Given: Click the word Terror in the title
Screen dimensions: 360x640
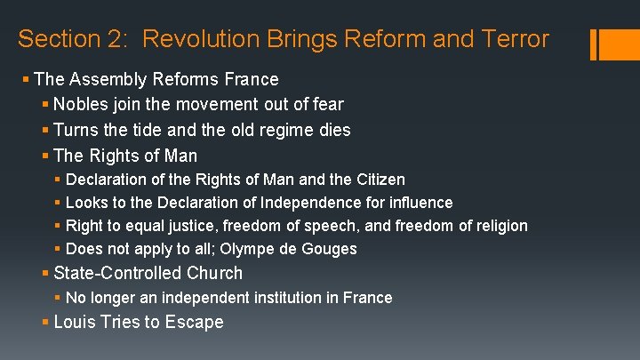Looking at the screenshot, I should click(x=513, y=39).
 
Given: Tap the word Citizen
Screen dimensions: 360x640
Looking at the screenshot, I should click(x=378, y=180).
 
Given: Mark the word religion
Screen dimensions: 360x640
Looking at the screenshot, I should click(x=497, y=226).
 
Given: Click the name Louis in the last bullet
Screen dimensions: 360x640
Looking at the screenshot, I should click(x=74, y=322).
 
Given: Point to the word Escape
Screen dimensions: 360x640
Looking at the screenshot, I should click(x=195, y=322).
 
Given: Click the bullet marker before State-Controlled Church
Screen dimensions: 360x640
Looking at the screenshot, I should click(x=45, y=273).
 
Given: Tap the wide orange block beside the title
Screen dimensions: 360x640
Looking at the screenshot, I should click(x=612, y=45).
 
